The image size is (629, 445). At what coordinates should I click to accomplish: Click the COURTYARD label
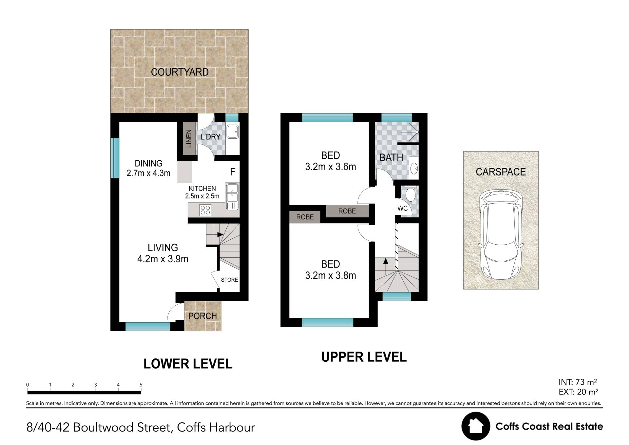(180, 72)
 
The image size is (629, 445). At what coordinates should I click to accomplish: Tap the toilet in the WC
(410, 193)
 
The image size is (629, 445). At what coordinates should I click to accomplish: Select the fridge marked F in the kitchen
(233, 172)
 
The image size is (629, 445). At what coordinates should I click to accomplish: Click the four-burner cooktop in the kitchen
(205, 210)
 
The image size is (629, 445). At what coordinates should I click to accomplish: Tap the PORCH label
(202, 316)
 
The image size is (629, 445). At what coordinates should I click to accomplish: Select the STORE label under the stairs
(229, 280)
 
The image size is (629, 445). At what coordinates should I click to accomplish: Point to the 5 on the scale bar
(141, 385)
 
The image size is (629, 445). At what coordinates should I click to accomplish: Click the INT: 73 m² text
(578, 382)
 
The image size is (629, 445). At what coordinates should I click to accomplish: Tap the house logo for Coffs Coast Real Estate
(476, 426)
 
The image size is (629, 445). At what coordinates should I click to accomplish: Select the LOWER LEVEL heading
(188, 364)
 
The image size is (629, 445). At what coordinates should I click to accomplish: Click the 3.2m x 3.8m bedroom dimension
(331, 275)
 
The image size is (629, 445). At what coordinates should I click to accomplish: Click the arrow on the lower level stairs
(220, 235)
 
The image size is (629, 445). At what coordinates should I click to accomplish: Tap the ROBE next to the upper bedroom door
(347, 211)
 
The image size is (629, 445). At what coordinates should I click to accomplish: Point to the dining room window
(115, 158)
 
